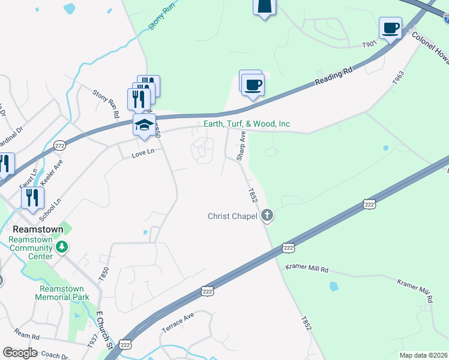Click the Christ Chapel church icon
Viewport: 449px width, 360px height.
click(267, 215)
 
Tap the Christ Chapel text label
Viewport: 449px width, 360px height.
click(232, 216)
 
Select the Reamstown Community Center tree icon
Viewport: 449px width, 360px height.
click(61, 247)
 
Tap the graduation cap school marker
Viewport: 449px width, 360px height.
click(144, 125)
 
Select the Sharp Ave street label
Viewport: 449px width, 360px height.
click(241, 146)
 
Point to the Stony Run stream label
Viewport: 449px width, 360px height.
click(155, 20)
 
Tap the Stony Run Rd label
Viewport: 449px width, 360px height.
click(106, 103)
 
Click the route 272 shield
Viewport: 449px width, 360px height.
click(59, 146)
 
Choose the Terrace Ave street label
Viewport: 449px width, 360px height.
click(178, 323)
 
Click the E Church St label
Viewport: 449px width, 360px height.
click(104, 329)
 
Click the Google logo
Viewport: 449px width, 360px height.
click(20, 353)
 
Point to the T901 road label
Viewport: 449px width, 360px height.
click(369, 44)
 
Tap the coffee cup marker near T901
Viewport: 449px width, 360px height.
click(390, 28)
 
